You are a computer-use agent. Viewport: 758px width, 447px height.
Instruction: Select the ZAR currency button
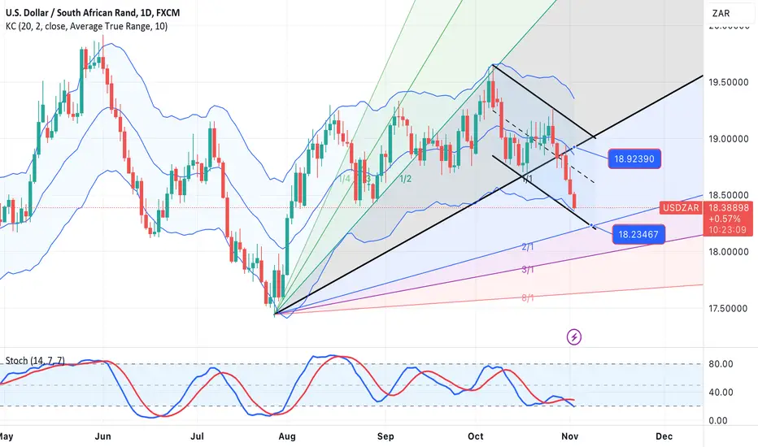pos(721,14)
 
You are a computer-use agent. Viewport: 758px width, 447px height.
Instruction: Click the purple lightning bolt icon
pos(575,336)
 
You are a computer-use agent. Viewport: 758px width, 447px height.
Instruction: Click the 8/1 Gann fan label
pos(527,298)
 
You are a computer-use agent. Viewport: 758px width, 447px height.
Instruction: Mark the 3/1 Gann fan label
pos(527,269)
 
